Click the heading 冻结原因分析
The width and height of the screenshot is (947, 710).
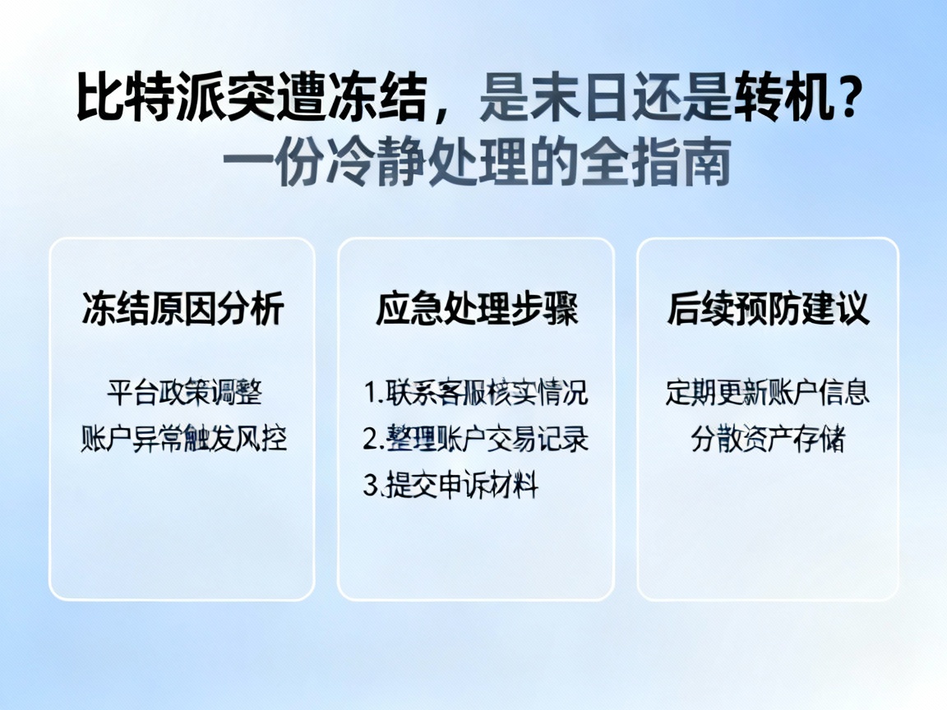tap(182, 311)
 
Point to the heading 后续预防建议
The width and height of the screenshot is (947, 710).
tap(768, 311)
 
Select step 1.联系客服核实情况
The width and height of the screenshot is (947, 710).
tap(476, 392)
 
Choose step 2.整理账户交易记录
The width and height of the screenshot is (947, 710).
tap(476, 439)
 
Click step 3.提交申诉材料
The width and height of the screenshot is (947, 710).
tap(450, 486)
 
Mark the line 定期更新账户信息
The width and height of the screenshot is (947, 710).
tap(768, 392)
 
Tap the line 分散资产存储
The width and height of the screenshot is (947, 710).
tap(768, 440)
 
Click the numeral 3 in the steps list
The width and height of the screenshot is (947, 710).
tap(370, 486)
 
